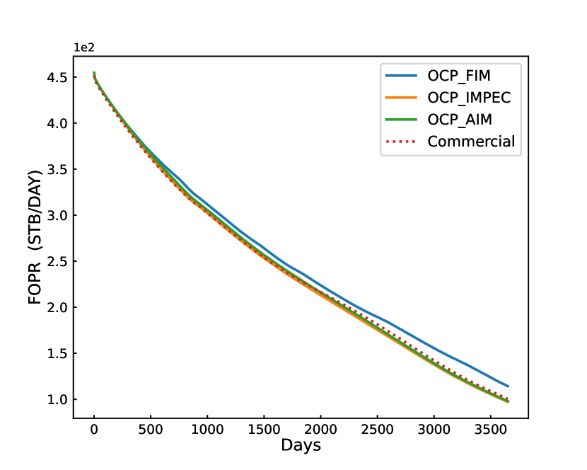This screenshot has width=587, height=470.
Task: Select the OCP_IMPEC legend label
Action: coord(470,98)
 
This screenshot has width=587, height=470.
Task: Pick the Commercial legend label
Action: coord(472,142)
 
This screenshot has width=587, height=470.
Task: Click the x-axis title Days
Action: coord(301,445)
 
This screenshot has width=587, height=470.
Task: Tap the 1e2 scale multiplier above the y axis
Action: coord(84,48)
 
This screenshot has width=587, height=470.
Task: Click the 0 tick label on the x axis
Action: coord(94,428)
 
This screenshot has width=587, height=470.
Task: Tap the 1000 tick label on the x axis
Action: coord(207,428)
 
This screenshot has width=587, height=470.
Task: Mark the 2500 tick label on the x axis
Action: coord(377,428)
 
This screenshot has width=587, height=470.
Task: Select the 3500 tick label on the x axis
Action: coord(489,428)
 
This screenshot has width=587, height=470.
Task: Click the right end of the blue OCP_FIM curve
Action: coord(508,386)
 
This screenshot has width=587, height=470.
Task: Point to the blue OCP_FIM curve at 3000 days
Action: coord(434,348)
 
